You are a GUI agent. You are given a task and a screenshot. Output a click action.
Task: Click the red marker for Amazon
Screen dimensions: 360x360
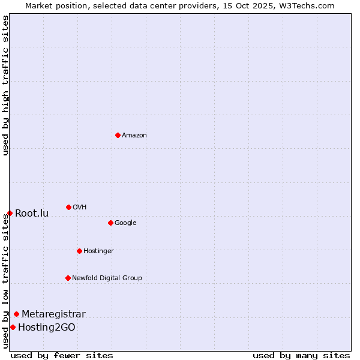coord(118,135)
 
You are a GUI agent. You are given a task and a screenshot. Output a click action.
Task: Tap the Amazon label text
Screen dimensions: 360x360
coord(134,136)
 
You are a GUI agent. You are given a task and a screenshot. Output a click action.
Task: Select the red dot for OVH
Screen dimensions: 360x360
coord(68,207)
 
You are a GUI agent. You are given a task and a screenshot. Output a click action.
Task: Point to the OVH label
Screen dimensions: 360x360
coord(80,208)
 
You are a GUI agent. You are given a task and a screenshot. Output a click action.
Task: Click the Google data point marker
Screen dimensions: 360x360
coord(110,223)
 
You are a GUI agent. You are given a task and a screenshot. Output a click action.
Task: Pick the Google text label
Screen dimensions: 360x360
coord(125,223)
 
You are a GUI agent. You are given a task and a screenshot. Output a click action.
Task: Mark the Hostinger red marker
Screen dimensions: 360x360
coord(79,251)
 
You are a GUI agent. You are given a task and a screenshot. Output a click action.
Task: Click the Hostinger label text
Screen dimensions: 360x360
coord(98,251)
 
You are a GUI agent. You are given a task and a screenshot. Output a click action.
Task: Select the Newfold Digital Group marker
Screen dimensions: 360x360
coord(68,278)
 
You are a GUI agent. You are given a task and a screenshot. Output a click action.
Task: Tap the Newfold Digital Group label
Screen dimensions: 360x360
coord(107,278)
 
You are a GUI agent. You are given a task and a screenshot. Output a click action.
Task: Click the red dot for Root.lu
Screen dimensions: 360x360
coord(10,213)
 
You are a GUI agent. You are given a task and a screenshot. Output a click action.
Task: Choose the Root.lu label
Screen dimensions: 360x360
coord(32,214)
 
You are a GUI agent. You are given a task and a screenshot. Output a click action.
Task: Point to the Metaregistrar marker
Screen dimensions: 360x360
coord(16,314)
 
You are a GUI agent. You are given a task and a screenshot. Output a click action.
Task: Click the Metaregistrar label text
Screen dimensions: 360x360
coord(53,314)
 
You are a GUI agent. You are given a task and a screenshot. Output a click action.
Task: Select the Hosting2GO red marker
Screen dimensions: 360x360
coord(13,327)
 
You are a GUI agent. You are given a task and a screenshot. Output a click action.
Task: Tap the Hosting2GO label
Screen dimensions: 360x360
coord(47,328)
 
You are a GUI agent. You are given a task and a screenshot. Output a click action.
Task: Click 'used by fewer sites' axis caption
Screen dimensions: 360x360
coord(62,355)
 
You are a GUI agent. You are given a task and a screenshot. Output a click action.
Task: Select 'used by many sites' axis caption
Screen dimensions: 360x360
coord(301,355)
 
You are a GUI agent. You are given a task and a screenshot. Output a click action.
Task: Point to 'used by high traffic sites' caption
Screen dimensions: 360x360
coord(6,85)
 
